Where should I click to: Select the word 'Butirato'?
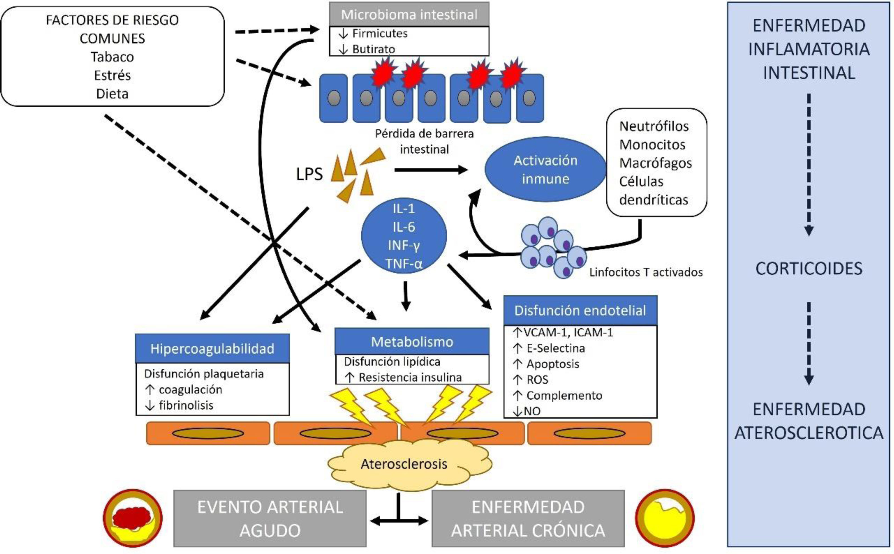(x=373, y=49)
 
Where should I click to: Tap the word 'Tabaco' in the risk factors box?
(x=112, y=57)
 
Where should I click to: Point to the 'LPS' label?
(x=309, y=174)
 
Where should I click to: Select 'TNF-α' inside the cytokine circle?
(x=404, y=263)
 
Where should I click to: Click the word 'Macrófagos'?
(x=655, y=163)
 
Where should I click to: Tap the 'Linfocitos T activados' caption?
(x=646, y=272)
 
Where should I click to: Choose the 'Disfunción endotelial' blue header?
(x=580, y=310)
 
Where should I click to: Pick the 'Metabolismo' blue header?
(x=412, y=342)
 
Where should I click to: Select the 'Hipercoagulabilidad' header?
(x=212, y=348)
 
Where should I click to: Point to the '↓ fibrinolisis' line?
(x=180, y=405)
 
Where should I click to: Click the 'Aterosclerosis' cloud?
(x=404, y=464)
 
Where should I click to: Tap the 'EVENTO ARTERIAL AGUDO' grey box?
(x=270, y=518)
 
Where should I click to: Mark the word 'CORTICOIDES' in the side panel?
(x=808, y=269)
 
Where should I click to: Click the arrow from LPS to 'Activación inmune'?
(x=430, y=170)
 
